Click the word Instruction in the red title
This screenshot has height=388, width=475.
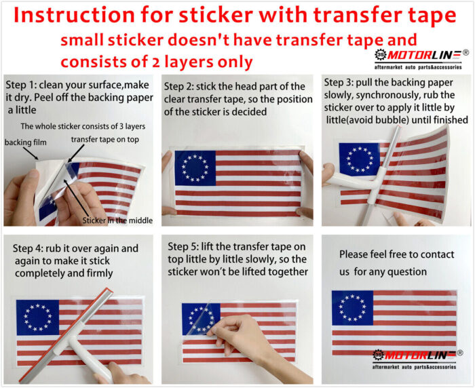pyautogui.click(x=74, y=15)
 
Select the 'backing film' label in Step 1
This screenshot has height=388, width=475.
pyautogui.click(x=26, y=142)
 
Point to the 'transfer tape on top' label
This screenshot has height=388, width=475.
pyautogui.click(x=104, y=139)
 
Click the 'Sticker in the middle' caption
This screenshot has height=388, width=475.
pyautogui.click(x=117, y=220)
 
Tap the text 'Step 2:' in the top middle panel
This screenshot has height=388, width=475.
pyautogui.click(x=178, y=87)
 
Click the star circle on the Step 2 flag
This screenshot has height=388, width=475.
pyautogui.click(x=195, y=168)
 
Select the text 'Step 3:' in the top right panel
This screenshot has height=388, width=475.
pyautogui.click(x=339, y=82)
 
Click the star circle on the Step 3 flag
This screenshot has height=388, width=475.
pyautogui.click(x=360, y=159)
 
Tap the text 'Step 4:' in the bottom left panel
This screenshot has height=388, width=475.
pyautogui.click(x=28, y=248)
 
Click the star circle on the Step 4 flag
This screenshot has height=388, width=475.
pyautogui.click(x=37, y=317)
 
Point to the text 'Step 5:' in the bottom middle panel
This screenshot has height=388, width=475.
pyautogui.click(x=183, y=246)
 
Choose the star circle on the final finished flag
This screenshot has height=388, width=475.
pyautogui.click(x=353, y=308)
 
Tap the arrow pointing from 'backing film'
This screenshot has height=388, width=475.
pyautogui.click(x=31, y=154)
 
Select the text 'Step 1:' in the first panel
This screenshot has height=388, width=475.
pyautogui.click(x=20, y=85)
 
